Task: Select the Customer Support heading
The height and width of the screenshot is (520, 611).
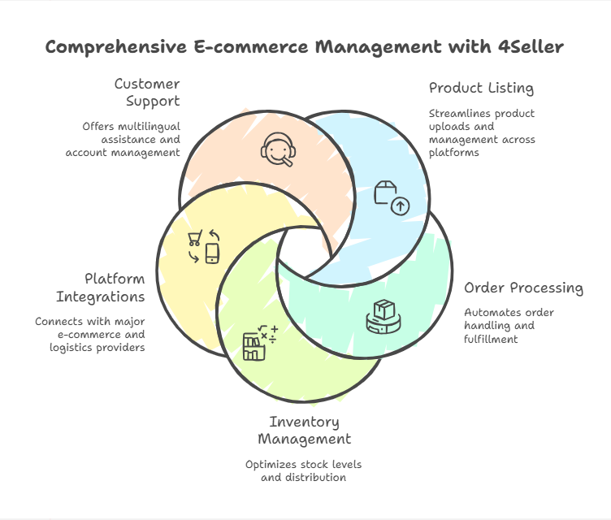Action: click(147, 93)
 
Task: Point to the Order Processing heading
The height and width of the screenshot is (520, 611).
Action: click(523, 288)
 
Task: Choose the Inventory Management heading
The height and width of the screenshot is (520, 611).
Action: click(305, 431)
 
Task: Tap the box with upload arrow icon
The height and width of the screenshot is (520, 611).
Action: click(391, 197)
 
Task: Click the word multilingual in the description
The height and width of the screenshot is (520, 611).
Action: click(149, 126)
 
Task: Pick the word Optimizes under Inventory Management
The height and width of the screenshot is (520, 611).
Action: click(272, 464)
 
